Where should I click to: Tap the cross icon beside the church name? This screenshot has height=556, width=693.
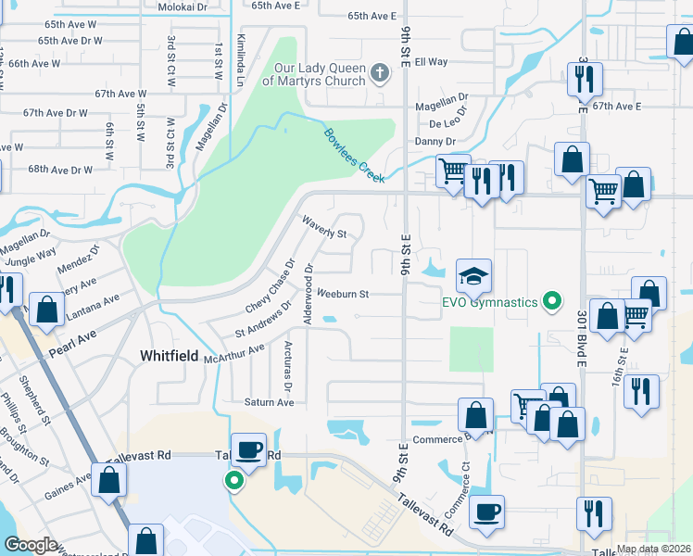379,72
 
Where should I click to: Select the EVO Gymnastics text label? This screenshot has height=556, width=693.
488,303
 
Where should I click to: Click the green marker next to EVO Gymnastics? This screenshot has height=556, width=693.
552,302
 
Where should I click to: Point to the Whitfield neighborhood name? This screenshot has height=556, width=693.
169,355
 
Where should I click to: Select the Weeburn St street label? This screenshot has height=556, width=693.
343,295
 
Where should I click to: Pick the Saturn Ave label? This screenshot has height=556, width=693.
269,402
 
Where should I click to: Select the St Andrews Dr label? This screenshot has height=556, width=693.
263,318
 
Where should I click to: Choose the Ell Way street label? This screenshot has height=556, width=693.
431,62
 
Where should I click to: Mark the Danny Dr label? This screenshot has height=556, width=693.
435,142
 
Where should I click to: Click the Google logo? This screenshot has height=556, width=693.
31,545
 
